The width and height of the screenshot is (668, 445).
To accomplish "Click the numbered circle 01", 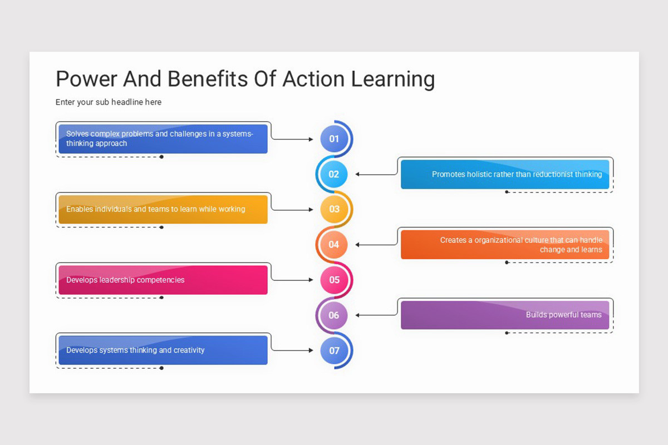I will (x=334, y=139).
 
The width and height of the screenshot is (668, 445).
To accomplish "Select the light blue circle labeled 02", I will (x=333, y=174).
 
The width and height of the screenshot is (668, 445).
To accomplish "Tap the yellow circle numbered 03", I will (x=334, y=209).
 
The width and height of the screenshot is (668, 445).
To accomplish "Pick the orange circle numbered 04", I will (x=333, y=245).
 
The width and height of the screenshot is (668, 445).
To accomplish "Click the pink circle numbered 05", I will (x=334, y=280).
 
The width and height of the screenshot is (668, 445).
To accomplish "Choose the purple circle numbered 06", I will (x=333, y=315).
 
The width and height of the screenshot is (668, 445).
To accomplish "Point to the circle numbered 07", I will (x=334, y=350).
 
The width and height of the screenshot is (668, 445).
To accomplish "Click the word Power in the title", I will (x=86, y=79).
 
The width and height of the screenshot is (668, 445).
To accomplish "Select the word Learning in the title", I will (x=392, y=79).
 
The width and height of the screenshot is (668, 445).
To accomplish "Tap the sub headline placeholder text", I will (x=109, y=102).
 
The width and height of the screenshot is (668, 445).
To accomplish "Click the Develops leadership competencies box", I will (x=163, y=280).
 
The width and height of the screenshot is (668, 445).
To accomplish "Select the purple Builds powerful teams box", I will (x=505, y=315).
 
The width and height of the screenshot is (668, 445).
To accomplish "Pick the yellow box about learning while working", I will (x=163, y=209).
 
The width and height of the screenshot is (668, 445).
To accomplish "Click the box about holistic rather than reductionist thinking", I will (x=505, y=174).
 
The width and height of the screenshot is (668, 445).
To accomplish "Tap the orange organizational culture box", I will (x=505, y=245).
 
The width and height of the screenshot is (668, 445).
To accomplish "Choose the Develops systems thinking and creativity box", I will (x=163, y=350).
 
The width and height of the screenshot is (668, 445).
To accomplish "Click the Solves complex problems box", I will (x=163, y=139).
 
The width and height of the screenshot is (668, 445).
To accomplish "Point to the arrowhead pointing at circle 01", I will (x=311, y=140).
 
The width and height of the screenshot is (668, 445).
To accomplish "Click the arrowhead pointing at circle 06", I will (x=357, y=315).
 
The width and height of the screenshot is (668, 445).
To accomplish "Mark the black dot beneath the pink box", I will (x=161, y=298).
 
